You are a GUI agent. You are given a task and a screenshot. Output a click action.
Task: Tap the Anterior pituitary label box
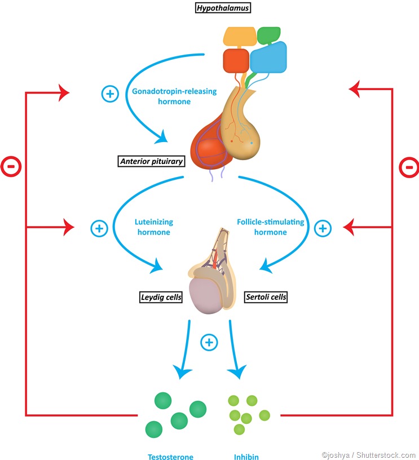(x=152, y=162)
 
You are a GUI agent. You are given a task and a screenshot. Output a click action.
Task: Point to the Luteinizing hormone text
(x=152, y=227)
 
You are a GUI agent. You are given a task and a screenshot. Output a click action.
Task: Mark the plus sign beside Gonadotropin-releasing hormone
(x=109, y=93)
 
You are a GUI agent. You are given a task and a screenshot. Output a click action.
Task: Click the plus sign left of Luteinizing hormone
(x=99, y=228)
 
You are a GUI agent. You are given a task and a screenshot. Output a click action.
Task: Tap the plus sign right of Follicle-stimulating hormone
(x=323, y=228)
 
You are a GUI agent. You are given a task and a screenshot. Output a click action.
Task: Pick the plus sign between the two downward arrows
(x=209, y=342)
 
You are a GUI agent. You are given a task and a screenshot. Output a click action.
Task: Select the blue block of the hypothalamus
(x=267, y=59)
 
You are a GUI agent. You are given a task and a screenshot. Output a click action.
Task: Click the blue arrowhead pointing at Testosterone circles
(x=184, y=371)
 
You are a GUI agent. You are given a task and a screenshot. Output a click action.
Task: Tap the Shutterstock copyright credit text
(x=368, y=455)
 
